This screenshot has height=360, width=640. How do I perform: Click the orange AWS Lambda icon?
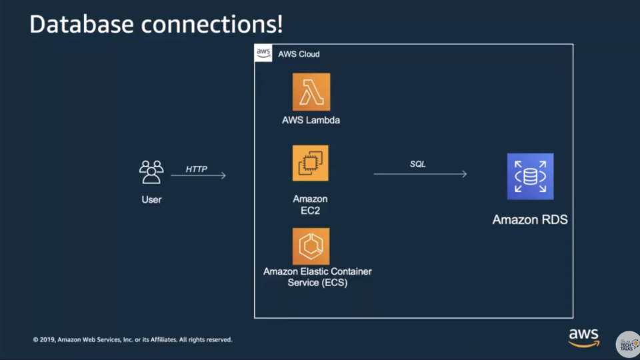pos(311,92)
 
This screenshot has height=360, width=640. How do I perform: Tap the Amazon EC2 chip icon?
pos(310,163)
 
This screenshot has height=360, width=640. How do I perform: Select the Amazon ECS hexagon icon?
pos(311,247)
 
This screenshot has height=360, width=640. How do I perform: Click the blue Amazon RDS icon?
pos(530,177)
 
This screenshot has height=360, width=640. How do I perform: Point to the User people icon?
pos(151,172)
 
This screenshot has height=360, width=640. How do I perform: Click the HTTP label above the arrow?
pos(197,169)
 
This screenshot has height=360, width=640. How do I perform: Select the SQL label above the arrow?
pos(417,164)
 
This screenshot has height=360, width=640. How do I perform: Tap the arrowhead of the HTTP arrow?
pos(223,175)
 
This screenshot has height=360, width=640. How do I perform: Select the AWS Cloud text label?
pos(299,54)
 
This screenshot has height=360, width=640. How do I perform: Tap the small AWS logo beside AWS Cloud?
pos(263,53)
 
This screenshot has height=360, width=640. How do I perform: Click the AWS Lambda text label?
pos(311,121)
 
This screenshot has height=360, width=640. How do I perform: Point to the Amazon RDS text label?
pos(530,219)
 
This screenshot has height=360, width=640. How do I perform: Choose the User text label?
pos(151,199)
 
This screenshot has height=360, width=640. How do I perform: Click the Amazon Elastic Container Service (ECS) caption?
pos(317,277)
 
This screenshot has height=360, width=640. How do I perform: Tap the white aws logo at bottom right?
pos(583,337)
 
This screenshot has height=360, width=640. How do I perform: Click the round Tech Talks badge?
pos(627,344)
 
